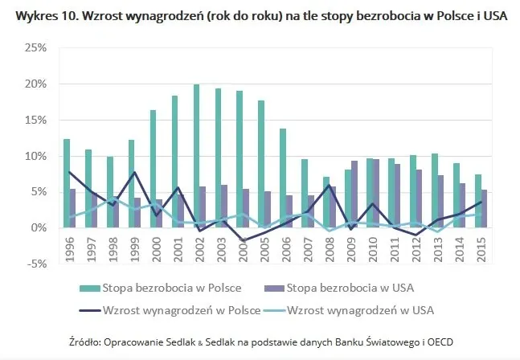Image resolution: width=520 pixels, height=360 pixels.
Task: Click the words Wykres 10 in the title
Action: pos(35,14)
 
